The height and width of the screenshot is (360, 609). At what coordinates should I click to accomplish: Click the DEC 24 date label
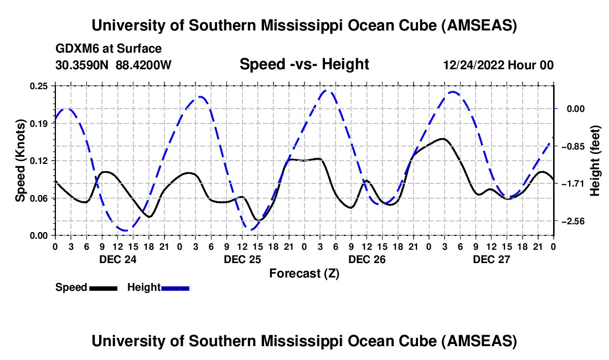pyautogui.click(x=117, y=259)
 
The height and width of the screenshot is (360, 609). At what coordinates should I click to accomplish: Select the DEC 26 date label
pyautogui.click(x=367, y=259)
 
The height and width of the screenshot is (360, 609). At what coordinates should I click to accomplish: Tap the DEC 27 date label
pyautogui.click(x=491, y=259)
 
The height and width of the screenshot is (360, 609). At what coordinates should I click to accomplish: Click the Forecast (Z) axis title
pyautogui.click(x=304, y=273)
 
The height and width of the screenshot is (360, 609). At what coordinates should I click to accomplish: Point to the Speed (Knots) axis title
pyautogui.click(x=20, y=161)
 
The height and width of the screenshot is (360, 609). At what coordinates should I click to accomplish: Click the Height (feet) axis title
pyautogui.click(x=595, y=161)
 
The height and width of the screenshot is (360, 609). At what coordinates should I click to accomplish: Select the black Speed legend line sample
pyautogui.click(x=103, y=287)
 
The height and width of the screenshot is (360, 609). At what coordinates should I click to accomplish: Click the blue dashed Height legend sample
pyautogui.click(x=176, y=287)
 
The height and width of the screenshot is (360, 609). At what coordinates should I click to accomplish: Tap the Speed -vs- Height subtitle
pyautogui.click(x=304, y=64)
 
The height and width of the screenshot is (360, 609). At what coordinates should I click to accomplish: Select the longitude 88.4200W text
pyautogui.click(x=144, y=65)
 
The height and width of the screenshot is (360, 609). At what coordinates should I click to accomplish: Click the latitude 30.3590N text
pyautogui.click(x=82, y=65)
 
